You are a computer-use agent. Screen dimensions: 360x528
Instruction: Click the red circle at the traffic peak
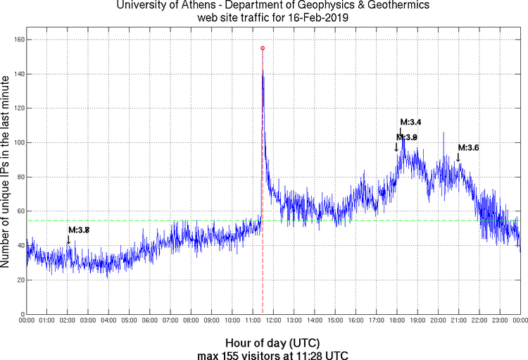pos(263,48)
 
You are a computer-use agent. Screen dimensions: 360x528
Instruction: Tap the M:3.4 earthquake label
pos(410,122)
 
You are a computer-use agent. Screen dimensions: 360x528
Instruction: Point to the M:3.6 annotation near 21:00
pos(468,147)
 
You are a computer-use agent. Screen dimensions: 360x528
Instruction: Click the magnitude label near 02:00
pos(79,230)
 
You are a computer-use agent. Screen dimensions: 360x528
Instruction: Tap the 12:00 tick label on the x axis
pos(273,321)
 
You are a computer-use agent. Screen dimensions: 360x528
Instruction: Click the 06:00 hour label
pos(150,321)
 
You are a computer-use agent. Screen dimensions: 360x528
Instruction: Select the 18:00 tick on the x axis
pos(396,321)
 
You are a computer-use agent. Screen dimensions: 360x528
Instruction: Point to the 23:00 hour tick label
pos(499,321)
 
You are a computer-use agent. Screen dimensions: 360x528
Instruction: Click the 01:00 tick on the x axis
pos(47,321)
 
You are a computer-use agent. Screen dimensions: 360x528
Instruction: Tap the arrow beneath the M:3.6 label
pos(458,157)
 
